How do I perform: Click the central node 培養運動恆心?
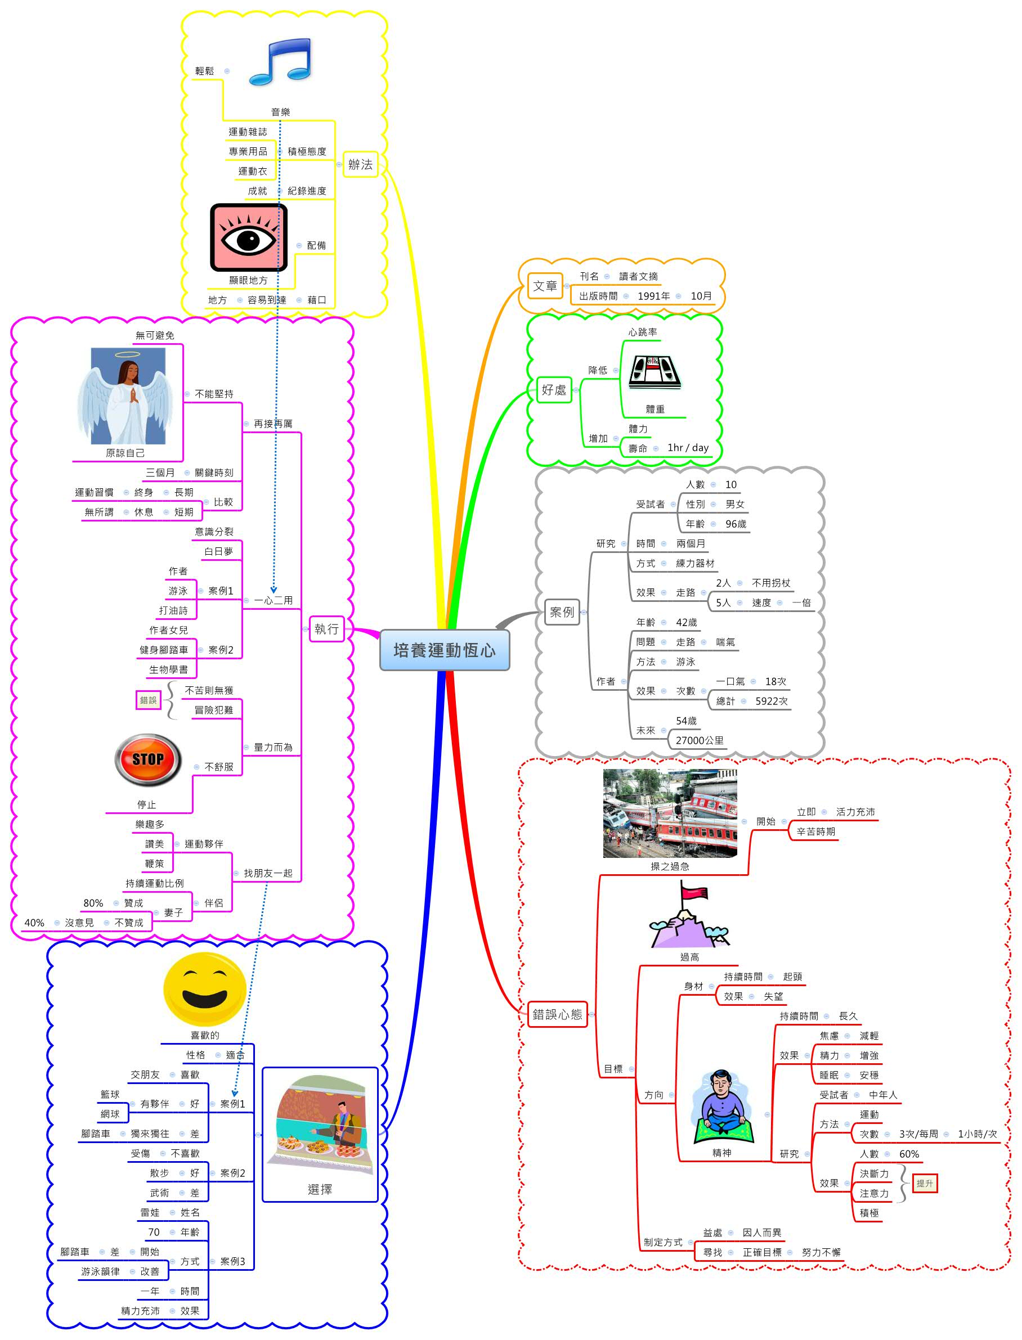pos(444,650)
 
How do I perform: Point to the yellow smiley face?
pos(204,990)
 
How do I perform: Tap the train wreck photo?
pos(670,813)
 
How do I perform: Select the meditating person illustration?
pos(721,1106)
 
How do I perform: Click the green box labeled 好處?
pos(554,390)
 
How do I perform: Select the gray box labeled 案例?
pos(562,612)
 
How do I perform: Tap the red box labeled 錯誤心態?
pos(557,1014)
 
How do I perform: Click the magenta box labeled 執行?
pos(326,629)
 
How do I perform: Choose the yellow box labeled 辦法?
pos(360,164)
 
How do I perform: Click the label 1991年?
pos(653,296)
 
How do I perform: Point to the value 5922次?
pos(772,701)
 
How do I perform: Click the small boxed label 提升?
pos(924,1183)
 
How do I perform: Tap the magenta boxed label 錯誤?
pos(148,700)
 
